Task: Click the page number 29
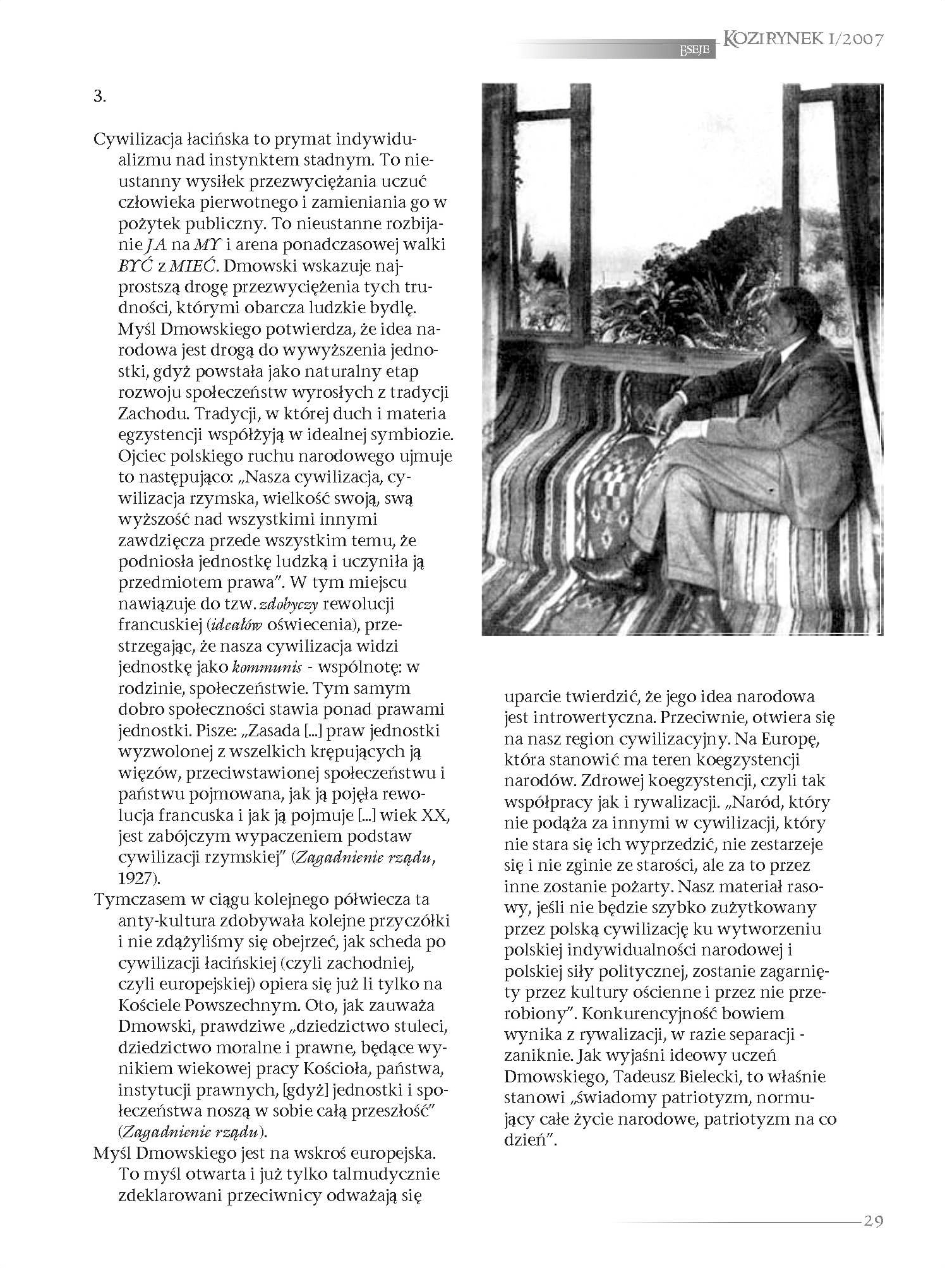tap(872, 1221)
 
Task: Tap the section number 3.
tap(99, 97)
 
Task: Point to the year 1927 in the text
tap(135, 878)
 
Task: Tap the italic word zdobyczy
tap(289, 604)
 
